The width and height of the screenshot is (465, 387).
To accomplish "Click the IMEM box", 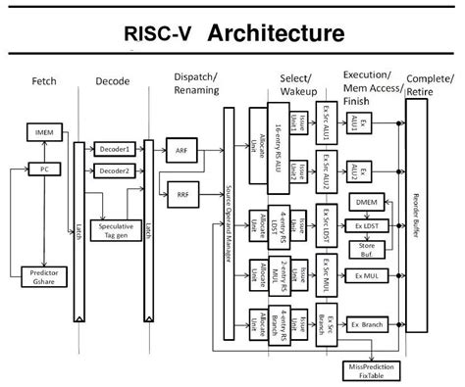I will coord(44,130).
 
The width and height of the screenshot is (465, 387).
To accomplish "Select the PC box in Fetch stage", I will coord(44,169).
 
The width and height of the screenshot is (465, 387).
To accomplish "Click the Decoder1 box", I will coord(114,150).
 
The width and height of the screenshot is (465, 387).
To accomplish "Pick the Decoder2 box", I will coord(114,172).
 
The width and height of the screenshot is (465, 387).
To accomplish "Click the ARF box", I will coord(182,152).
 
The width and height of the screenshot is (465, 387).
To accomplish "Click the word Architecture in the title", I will coord(277,33).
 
